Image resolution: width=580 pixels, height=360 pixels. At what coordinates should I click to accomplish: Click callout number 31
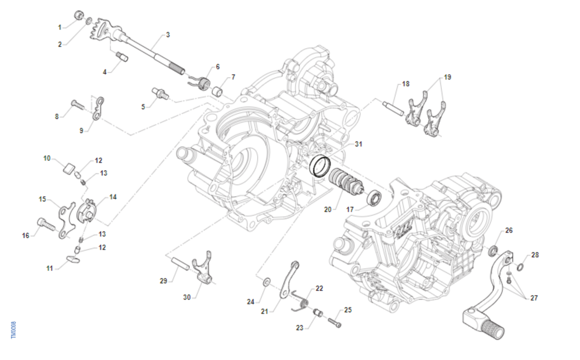(358, 144)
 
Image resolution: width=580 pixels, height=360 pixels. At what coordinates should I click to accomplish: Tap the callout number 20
(328, 209)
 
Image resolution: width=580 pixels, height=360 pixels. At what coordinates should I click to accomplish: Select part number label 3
(168, 35)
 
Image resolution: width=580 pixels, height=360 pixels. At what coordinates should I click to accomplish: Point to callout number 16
(26, 235)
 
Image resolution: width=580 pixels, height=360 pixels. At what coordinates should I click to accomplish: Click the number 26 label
(509, 230)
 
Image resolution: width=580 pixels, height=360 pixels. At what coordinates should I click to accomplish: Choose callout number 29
(163, 280)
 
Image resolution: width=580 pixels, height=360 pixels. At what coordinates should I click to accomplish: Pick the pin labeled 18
(394, 108)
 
